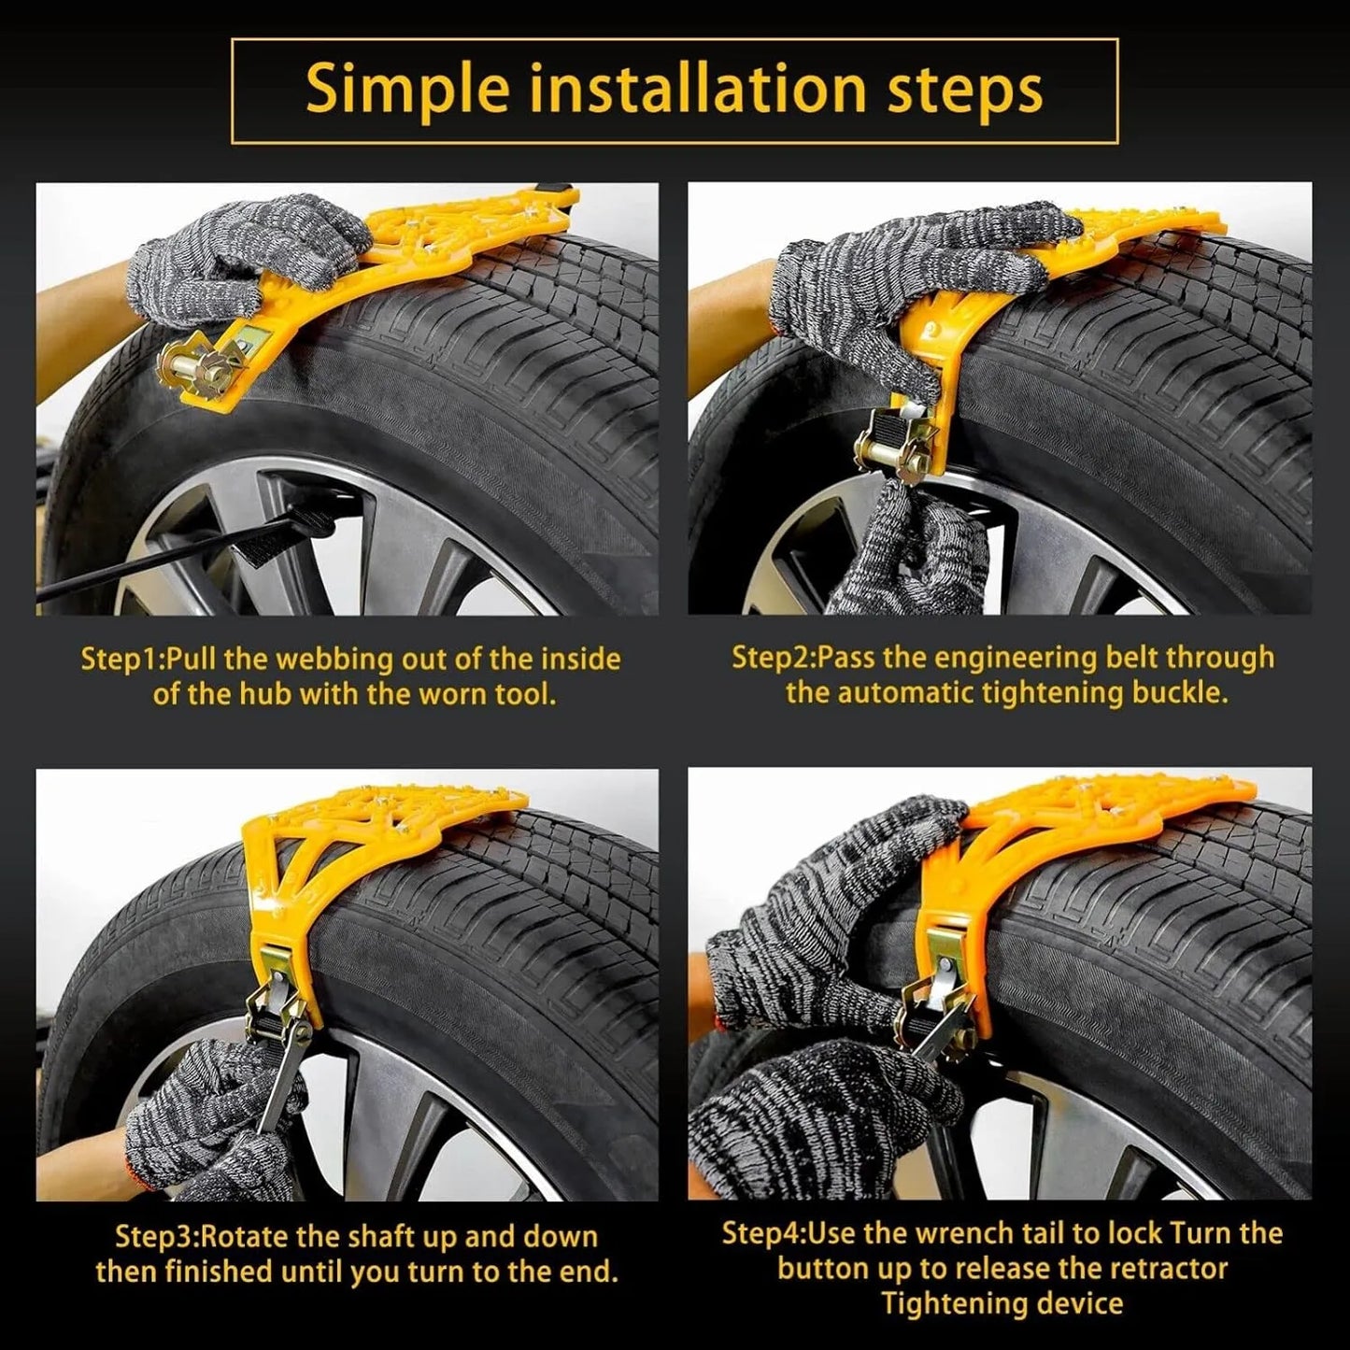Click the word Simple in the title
coord(407,88)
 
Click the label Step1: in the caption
coord(123,660)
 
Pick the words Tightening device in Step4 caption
coord(1002,1303)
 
